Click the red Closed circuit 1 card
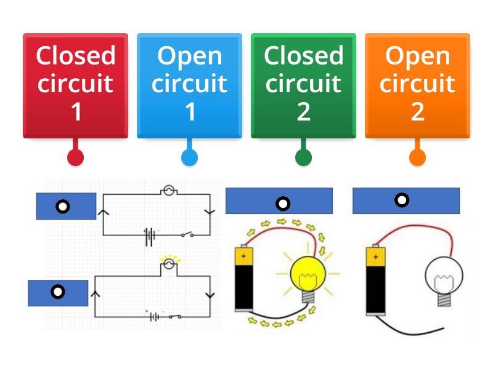[75, 85]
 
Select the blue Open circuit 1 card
[189, 85]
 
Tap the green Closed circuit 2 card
[303, 85]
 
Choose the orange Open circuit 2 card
[417, 85]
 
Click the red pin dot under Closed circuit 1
[75, 157]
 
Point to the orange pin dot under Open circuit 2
[417, 157]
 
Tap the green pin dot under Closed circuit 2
[303, 157]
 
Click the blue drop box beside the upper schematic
[66, 206]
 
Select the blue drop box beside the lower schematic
[58, 292]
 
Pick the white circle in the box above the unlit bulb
[402, 200]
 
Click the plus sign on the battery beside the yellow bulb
[243, 253]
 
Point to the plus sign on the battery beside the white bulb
[373, 253]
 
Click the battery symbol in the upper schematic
[149, 236]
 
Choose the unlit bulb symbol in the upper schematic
[169, 191]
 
